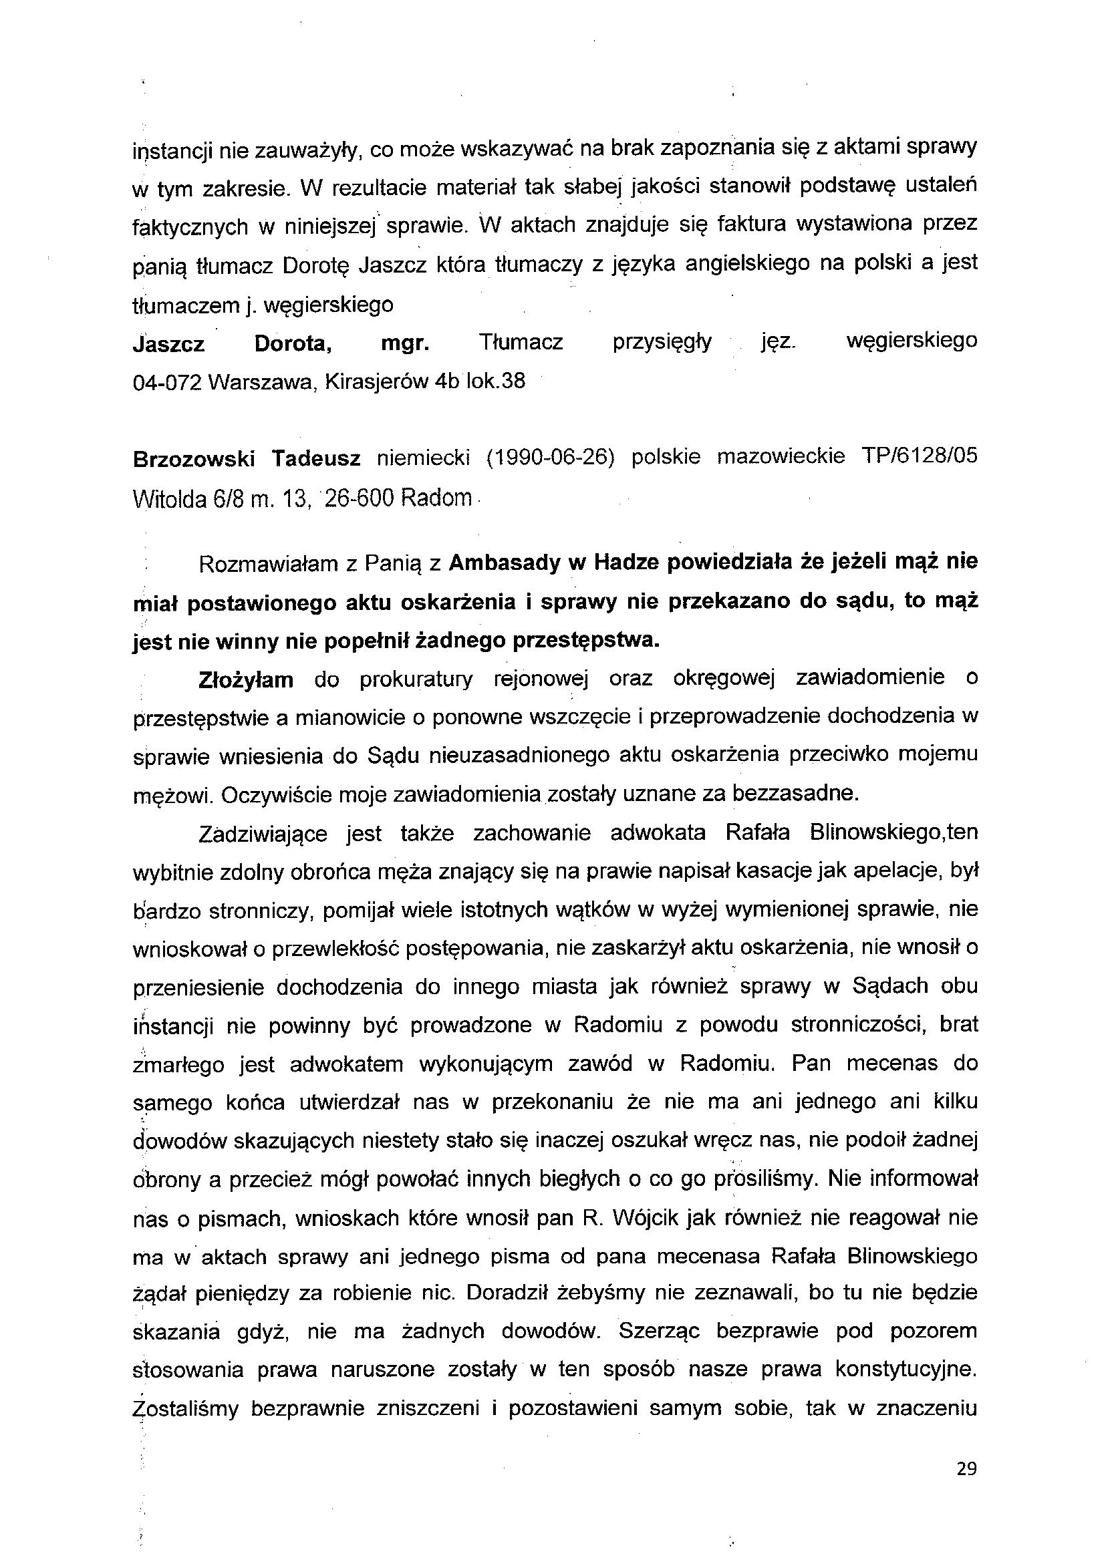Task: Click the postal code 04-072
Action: pos(166,381)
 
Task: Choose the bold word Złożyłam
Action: pos(246,679)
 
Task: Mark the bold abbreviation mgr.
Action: pos(405,342)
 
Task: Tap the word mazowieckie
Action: pos(781,458)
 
